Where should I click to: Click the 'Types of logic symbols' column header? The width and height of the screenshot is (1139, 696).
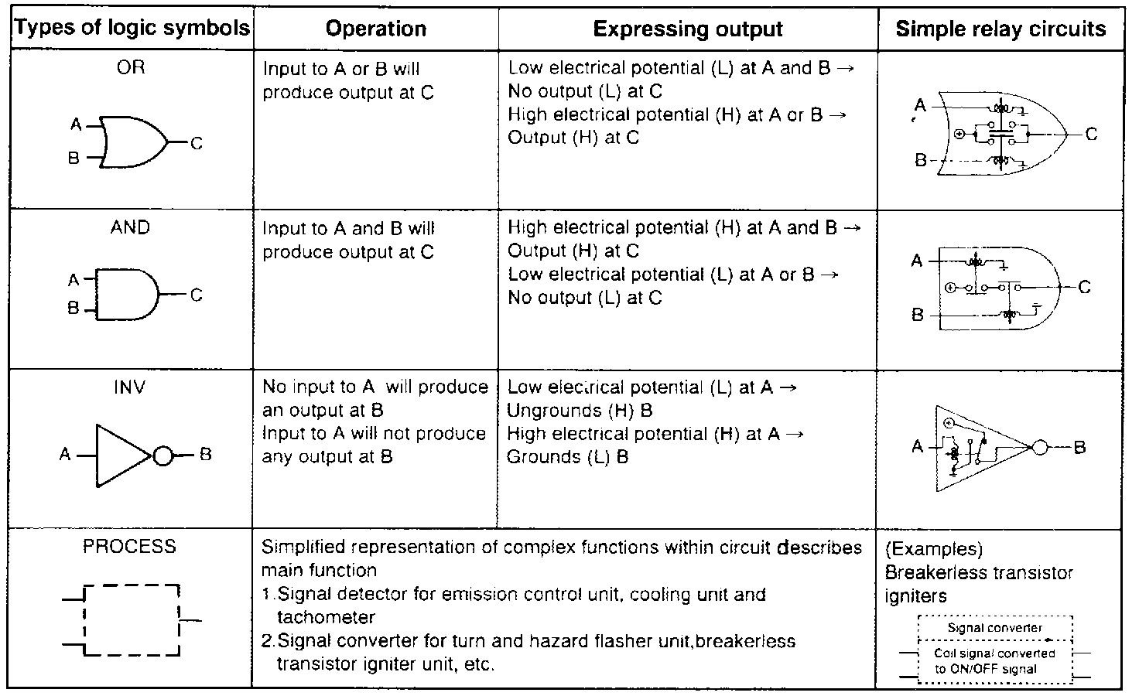click(132, 29)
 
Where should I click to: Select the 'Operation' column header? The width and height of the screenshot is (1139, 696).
click(376, 29)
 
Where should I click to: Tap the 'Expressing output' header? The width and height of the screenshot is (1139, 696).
click(688, 29)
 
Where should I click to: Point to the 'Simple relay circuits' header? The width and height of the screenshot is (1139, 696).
click(1000, 29)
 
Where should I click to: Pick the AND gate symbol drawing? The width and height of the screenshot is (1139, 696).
click(127, 295)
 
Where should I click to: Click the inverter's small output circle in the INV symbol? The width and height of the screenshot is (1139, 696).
click(163, 456)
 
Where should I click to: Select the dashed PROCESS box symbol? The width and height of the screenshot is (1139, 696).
click(132, 620)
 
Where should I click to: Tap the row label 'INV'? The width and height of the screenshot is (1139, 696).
click(129, 387)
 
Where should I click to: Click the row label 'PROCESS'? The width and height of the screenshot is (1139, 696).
click(129, 547)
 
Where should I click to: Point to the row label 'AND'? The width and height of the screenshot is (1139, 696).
click(130, 227)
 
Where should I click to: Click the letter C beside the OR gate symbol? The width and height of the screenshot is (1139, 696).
click(197, 143)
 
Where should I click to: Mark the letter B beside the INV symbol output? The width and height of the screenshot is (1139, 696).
click(205, 455)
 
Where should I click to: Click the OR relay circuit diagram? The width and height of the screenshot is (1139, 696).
click(1003, 134)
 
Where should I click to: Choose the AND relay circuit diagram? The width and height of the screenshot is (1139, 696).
click(999, 288)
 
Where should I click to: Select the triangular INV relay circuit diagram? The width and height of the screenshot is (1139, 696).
click(983, 448)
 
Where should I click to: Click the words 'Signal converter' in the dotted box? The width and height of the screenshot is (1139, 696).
click(995, 628)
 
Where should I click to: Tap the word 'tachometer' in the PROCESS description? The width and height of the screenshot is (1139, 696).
click(326, 618)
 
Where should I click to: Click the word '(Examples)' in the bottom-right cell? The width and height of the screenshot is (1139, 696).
click(934, 549)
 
